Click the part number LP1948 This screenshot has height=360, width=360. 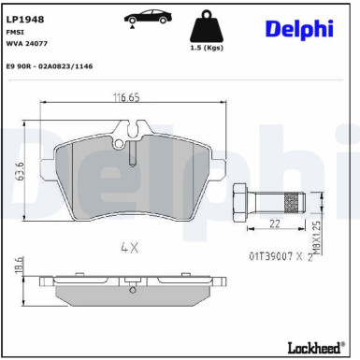pos(25,18)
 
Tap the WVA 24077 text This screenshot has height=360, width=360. pos(27,44)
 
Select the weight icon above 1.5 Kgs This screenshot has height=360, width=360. pos(206,25)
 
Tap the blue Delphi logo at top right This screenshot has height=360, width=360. pos(298,28)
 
